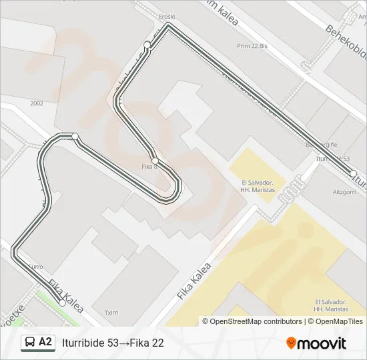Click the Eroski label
click(166, 16)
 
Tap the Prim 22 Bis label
click(252, 46)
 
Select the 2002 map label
click(36, 103)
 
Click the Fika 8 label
click(148, 167)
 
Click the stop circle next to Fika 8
click(155, 161)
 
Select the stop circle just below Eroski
click(147, 45)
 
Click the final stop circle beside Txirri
click(62, 303)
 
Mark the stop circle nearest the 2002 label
click(75, 137)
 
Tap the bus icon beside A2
click(30, 343)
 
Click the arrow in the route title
click(124, 343)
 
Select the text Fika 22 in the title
click(147, 343)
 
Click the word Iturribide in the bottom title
click(83, 343)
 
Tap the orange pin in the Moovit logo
click(291, 343)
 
